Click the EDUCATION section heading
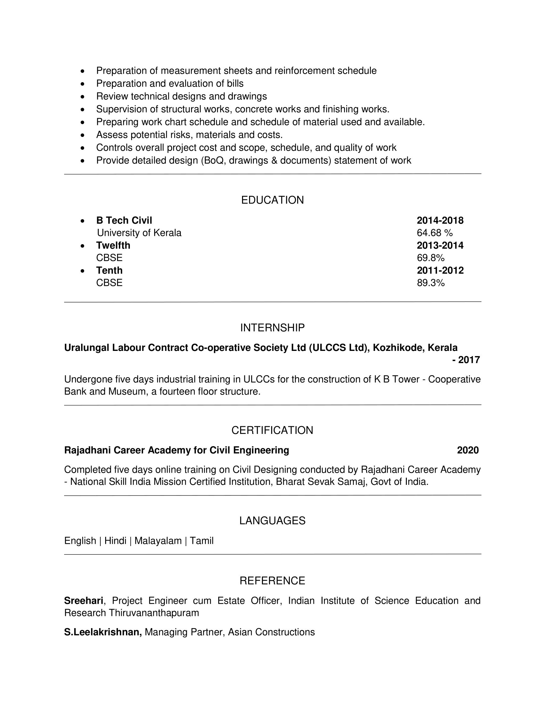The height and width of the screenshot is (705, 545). click(272, 200)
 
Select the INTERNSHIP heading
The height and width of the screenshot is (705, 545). click(272, 328)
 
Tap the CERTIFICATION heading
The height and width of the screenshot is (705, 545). click(272, 430)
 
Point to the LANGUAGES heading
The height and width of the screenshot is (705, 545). click(272, 521)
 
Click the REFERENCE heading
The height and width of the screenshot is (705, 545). click(272, 581)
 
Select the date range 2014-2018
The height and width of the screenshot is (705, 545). click(440, 220)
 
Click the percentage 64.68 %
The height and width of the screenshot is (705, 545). click(435, 233)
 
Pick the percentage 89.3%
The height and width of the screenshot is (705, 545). click(431, 283)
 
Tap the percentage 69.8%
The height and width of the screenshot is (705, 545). click(431, 258)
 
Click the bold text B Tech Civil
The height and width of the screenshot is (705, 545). click(124, 220)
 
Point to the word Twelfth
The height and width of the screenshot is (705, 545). click(113, 245)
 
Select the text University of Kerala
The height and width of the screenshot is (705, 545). click(139, 233)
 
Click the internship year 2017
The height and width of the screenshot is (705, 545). click(469, 360)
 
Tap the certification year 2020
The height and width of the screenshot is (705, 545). click(468, 450)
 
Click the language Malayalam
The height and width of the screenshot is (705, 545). click(158, 541)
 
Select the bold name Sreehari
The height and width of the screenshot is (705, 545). click(84, 601)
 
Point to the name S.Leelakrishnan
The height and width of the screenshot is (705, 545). click(103, 632)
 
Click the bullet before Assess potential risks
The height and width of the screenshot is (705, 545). click(83, 135)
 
